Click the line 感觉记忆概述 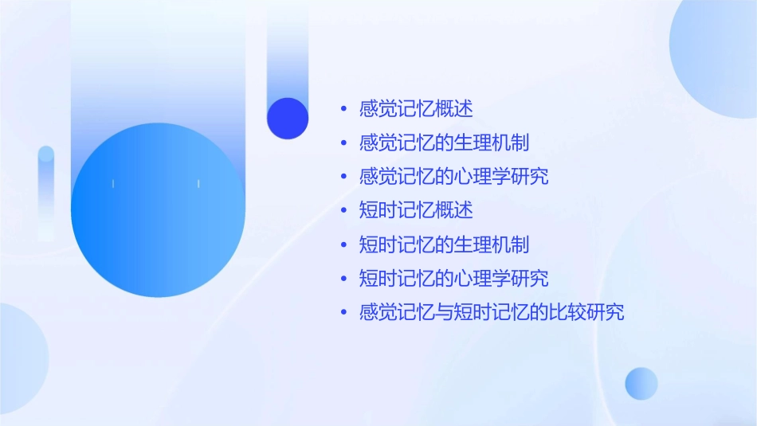pyautogui.click(x=416, y=108)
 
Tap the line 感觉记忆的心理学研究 pyautogui.click(x=454, y=176)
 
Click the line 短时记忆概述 pyautogui.click(x=416, y=210)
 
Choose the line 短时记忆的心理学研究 pyautogui.click(x=454, y=279)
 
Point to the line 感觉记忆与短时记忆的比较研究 pyautogui.click(x=492, y=312)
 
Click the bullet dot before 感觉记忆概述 pyautogui.click(x=343, y=109)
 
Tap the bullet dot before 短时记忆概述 pyautogui.click(x=343, y=211)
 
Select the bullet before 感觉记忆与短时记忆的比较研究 pyautogui.click(x=343, y=313)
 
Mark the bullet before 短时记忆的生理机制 pyautogui.click(x=343, y=245)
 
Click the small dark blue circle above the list pyautogui.click(x=288, y=118)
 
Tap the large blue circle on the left pyautogui.click(x=158, y=210)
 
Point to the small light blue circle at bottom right pyautogui.click(x=641, y=383)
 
